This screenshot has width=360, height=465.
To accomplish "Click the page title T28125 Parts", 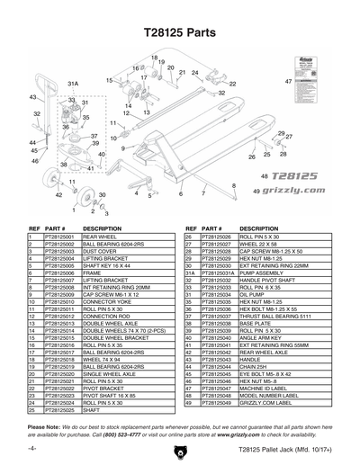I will [180, 30].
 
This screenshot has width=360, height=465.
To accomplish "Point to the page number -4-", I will [32, 447].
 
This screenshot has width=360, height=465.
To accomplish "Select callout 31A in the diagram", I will [75, 83].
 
